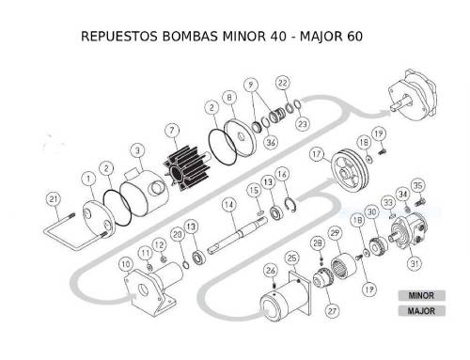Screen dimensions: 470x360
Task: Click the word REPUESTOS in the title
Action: pos(119,37)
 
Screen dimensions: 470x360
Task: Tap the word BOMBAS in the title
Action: pos(190,37)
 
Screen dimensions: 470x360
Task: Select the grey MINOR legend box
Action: pos(421,295)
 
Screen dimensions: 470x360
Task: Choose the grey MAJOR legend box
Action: pos(421,311)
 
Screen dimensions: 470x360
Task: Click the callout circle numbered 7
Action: pos(172,131)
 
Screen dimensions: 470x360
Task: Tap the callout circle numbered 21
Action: pos(54,199)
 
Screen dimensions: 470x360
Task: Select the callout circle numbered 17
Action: pos(317,154)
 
